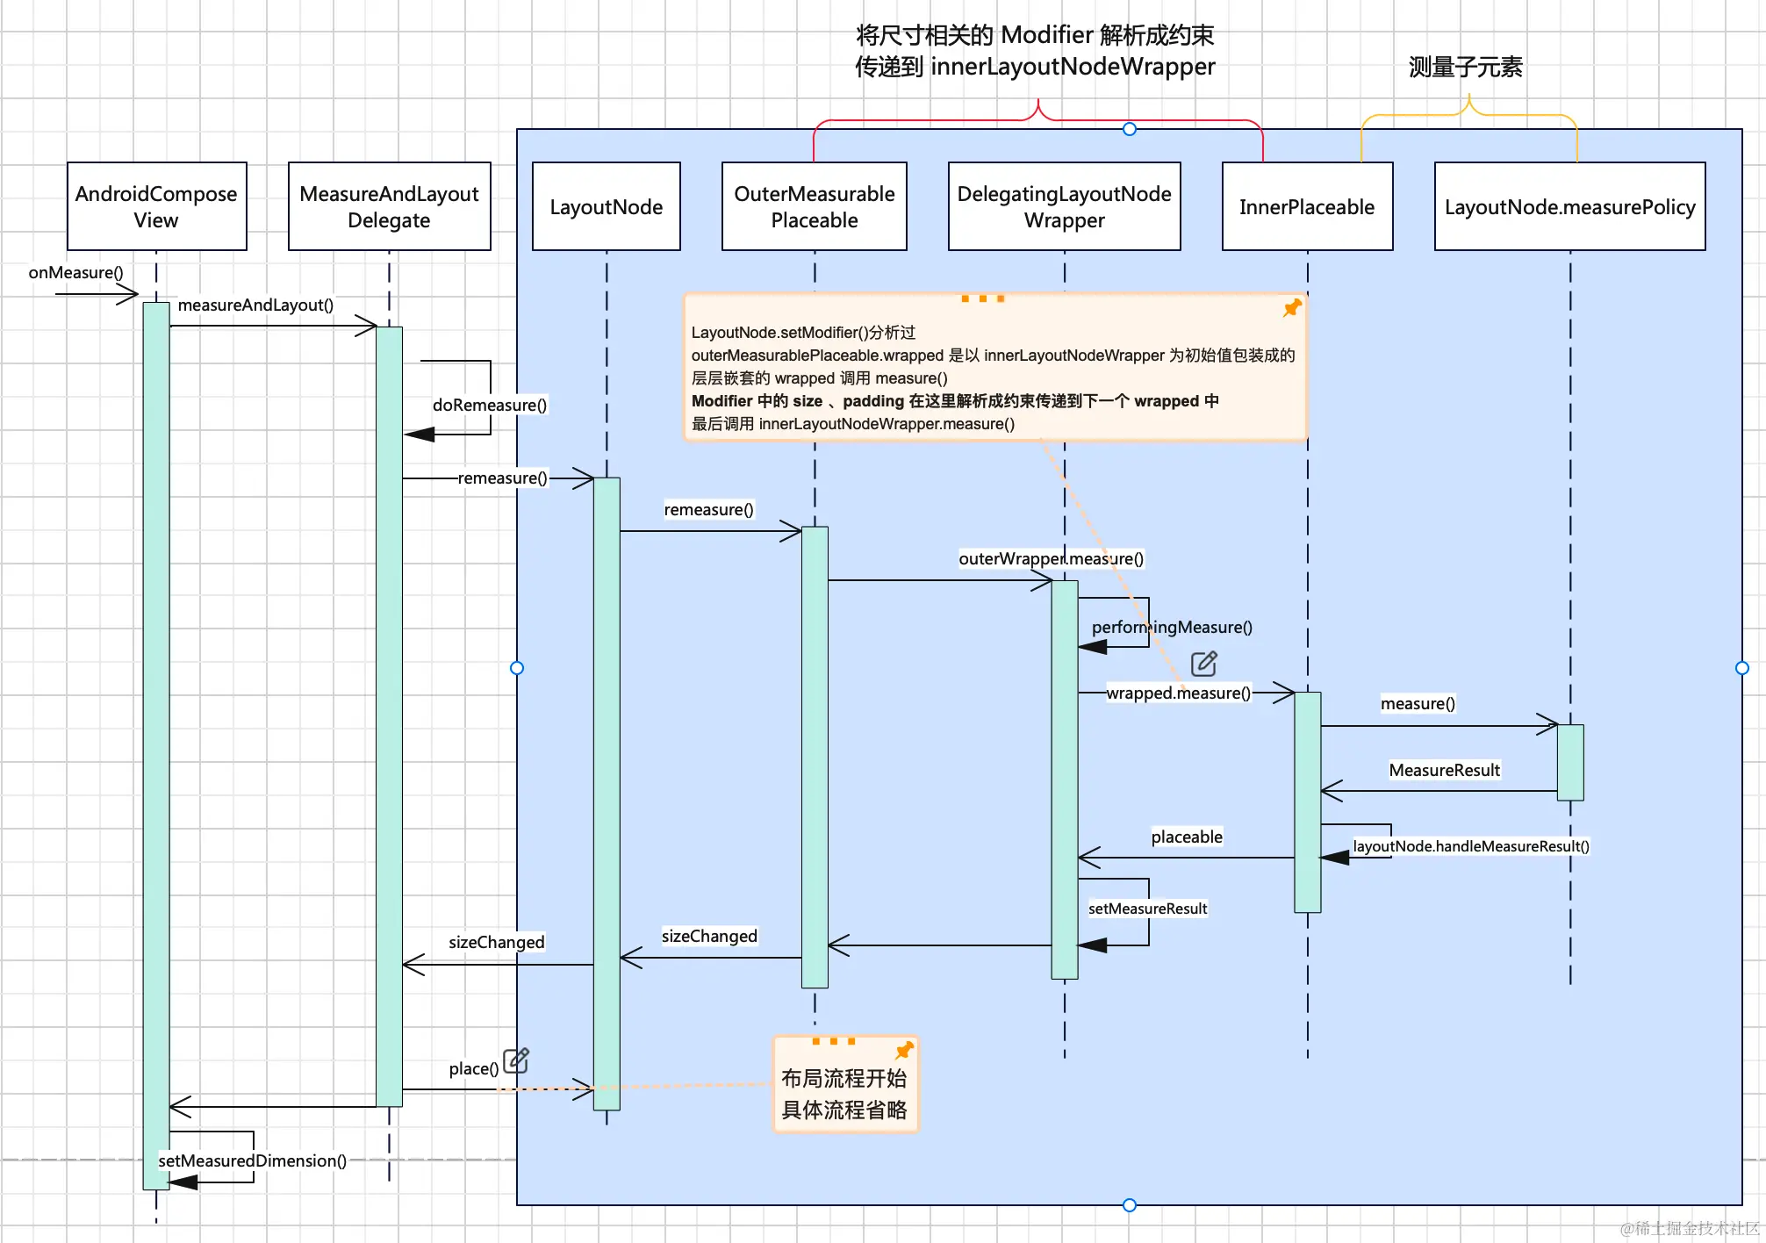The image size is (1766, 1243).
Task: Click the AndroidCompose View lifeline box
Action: tap(156, 206)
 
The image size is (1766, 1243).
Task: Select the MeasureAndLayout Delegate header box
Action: tap(389, 206)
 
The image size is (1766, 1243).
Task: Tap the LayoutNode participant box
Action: tap(606, 206)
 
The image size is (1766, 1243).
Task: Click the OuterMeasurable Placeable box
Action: tap(814, 206)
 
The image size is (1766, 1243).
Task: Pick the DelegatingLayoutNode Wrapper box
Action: tap(1064, 206)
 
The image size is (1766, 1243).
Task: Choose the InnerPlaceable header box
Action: tap(1306, 206)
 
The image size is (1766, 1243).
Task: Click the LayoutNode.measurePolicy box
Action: tap(1569, 206)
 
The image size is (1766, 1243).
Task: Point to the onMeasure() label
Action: tap(75, 272)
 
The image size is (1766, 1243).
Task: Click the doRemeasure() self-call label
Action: tap(489, 405)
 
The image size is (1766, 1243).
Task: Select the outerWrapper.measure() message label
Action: tap(1051, 558)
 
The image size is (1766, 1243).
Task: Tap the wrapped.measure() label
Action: tap(1178, 693)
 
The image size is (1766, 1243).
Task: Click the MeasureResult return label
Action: tap(1444, 770)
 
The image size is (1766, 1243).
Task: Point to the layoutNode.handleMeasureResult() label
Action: tap(1470, 846)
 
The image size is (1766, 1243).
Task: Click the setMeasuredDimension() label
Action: tap(252, 1160)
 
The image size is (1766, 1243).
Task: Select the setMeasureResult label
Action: tap(1147, 909)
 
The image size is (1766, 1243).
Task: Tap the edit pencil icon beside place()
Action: tap(516, 1060)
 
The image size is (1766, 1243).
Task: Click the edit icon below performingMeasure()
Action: tap(1203, 664)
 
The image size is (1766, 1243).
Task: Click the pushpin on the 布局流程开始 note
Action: tap(904, 1050)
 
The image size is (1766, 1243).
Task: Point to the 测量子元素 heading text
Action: tap(1465, 67)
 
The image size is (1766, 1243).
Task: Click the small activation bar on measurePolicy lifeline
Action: tap(1570, 762)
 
